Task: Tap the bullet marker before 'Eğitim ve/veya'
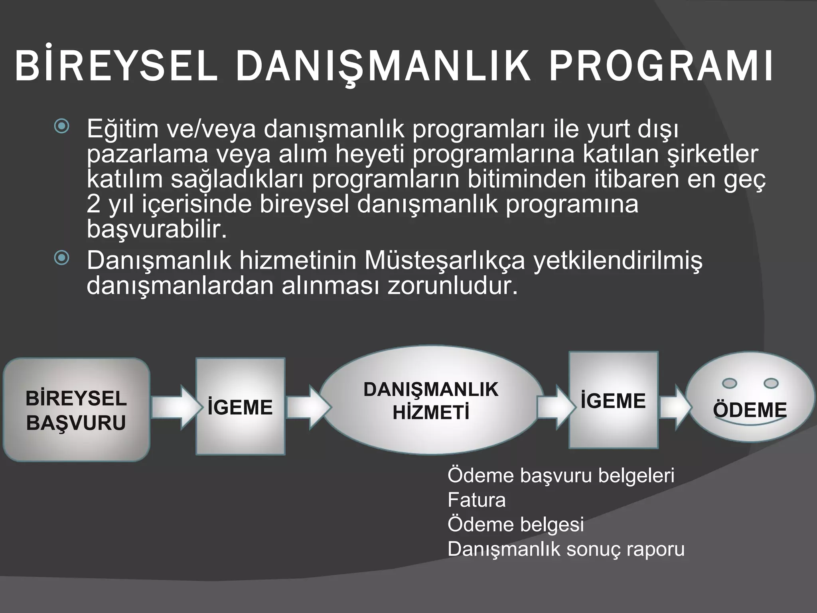pyautogui.click(x=62, y=127)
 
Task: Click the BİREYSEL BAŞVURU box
pyautogui.click(x=76, y=410)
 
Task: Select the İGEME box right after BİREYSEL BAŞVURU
pyautogui.click(x=241, y=407)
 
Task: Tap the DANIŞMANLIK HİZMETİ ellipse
pyautogui.click(x=431, y=401)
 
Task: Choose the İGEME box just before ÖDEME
pyautogui.click(x=613, y=400)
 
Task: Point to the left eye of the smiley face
pyautogui.click(x=730, y=383)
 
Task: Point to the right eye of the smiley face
pyautogui.click(x=771, y=383)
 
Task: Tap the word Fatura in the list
pyautogui.click(x=477, y=500)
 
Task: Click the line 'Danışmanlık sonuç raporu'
pyautogui.click(x=566, y=549)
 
